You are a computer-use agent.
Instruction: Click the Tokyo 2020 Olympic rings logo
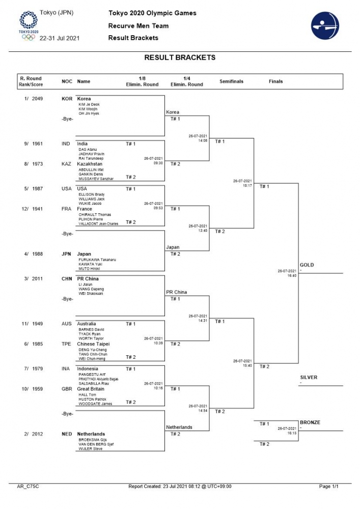(29, 25)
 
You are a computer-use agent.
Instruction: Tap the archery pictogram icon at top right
(324, 25)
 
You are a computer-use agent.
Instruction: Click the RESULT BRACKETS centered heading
(180, 58)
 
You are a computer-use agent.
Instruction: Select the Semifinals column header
(231, 81)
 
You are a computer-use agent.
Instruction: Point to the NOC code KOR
(67, 99)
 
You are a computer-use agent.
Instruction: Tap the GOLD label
(307, 265)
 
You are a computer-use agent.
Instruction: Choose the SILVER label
(309, 377)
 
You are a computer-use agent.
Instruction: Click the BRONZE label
(310, 422)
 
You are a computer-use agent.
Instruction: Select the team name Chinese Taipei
(93, 344)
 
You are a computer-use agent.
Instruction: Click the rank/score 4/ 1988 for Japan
(33, 254)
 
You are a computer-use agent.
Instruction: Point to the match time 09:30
(158, 163)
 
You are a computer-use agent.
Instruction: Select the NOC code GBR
(67, 389)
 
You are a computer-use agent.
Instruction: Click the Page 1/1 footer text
(328, 487)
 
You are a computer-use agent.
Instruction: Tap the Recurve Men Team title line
(139, 26)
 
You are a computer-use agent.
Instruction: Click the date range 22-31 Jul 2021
(60, 38)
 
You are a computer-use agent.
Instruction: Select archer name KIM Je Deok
(89, 104)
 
